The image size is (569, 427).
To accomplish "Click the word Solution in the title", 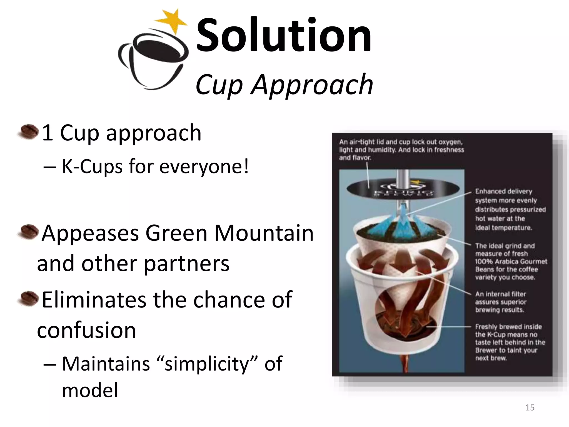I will click(x=283, y=35).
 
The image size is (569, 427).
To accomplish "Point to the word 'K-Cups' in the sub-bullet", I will click(x=92, y=167).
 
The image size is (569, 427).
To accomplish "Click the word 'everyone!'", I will click(x=204, y=167).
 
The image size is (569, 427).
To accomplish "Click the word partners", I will click(x=186, y=264).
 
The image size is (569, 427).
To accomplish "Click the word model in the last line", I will click(x=90, y=390).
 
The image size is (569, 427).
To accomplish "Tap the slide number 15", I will click(x=530, y=408).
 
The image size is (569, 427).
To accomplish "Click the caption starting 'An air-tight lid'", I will click(x=401, y=150).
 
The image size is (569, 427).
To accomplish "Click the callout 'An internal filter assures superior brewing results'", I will click(x=500, y=302).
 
